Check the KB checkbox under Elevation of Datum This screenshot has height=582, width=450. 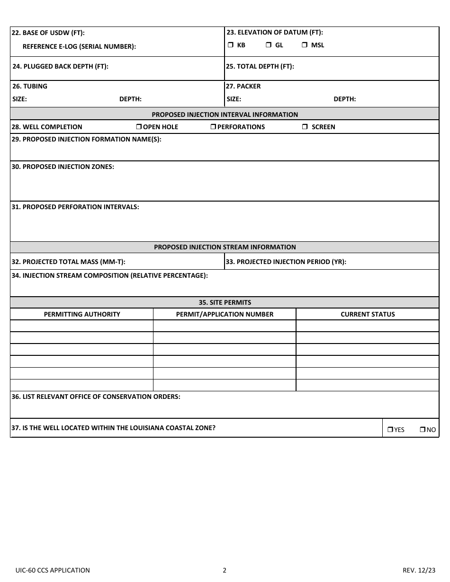coord(230,45)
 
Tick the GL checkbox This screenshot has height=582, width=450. coord(268,45)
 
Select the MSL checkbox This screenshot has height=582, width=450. coord(304,45)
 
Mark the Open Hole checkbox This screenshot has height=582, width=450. coord(139,127)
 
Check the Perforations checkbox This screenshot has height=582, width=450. coord(213,127)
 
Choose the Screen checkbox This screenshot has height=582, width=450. coord(305,127)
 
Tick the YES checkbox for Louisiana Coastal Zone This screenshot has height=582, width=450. coord(390,430)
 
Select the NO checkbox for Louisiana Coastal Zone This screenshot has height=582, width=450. coord(422,430)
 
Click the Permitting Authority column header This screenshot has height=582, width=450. coord(82,314)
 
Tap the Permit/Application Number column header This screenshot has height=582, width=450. coord(225,314)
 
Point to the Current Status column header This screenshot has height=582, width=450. coord(368,314)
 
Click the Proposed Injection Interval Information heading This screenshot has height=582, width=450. coord(225,115)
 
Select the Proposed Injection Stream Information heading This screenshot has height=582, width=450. coord(225,247)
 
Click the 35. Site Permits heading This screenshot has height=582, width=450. coord(225,302)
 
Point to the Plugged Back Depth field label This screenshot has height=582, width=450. coord(60,66)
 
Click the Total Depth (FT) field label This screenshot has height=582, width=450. coord(260,66)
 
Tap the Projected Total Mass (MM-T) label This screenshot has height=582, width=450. coord(68,262)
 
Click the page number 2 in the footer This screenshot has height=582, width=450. coord(225,570)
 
